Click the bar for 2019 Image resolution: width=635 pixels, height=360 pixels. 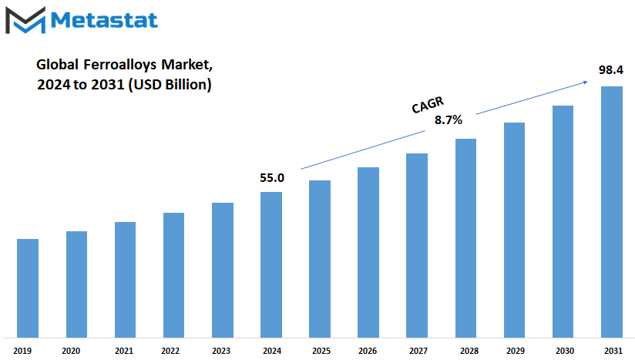pos(28,288)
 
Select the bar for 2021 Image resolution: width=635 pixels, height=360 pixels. pos(125,280)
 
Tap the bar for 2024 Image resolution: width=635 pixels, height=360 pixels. pos(271,265)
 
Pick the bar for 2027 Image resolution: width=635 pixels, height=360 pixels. pos(417,245)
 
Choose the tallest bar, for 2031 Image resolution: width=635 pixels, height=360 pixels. pos(612,212)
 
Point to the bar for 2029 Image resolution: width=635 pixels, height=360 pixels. pos(514,230)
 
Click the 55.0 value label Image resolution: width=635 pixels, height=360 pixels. pos(272,178)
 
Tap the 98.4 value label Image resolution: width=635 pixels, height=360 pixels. pos(611,70)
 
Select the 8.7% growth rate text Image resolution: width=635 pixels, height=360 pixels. pos(449,119)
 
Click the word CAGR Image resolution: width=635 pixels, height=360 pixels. pos(428,105)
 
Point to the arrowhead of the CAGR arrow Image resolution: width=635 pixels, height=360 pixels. pos(585,82)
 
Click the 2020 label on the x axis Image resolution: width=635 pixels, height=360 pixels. pos(71,351)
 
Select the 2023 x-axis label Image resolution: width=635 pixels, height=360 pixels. pos(221,351)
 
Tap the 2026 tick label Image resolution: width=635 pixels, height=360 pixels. pos(368,351)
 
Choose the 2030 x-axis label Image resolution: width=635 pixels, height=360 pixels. pos(565,351)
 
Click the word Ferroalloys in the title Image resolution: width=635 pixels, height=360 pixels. pos(120,65)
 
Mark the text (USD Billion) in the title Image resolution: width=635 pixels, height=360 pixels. pos(170,85)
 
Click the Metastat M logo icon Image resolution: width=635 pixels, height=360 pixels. pos(25,20)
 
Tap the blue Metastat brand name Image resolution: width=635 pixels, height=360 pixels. pos(104,20)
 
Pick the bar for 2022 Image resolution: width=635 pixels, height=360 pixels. pos(173,275)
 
